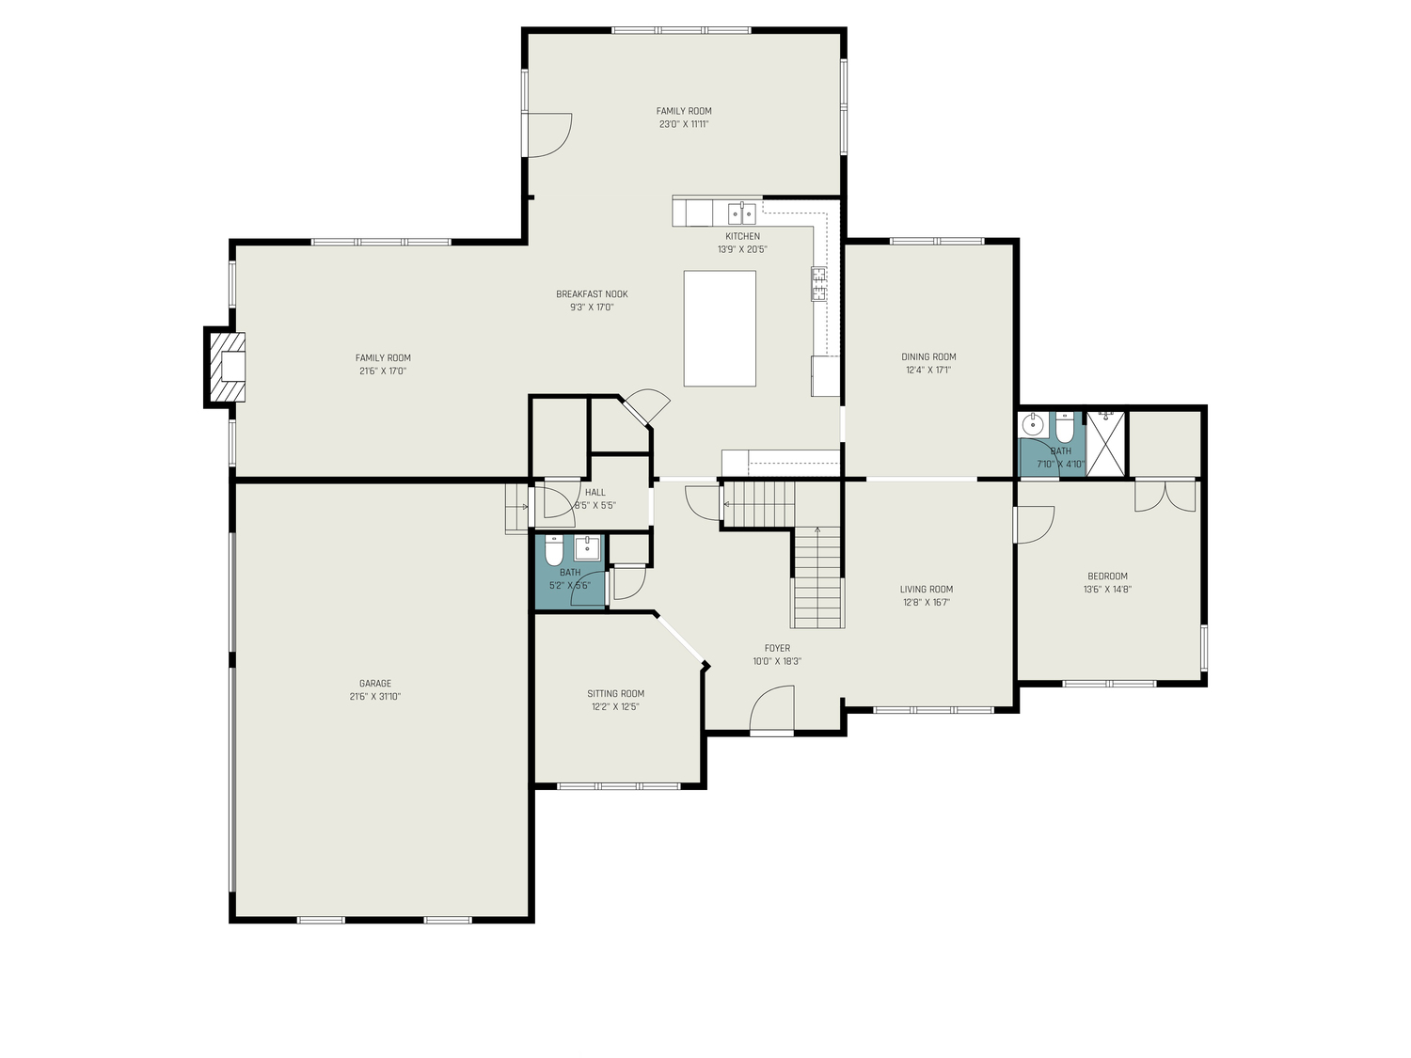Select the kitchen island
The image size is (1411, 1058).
[x=720, y=328]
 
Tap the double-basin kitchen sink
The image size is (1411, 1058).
[x=741, y=213]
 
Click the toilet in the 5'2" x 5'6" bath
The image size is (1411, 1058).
[x=553, y=549]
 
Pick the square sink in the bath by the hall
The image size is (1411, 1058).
[x=587, y=547]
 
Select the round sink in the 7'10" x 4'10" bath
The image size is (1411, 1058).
[x=1033, y=425]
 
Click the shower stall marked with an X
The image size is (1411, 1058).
[x=1106, y=443]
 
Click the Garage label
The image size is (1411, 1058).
[x=375, y=684]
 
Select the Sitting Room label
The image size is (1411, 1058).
[x=616, y=694]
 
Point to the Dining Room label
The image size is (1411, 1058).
[x=928, y=356]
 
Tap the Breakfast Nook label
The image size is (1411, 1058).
[x=592, y=294]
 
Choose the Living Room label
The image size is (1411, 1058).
[x=926, y=590]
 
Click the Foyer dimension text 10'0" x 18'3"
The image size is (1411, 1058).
[x=777, y=661]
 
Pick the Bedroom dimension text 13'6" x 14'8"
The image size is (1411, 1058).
[x=1107, y=590]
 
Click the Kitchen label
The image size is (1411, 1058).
[x=742, y=236]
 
